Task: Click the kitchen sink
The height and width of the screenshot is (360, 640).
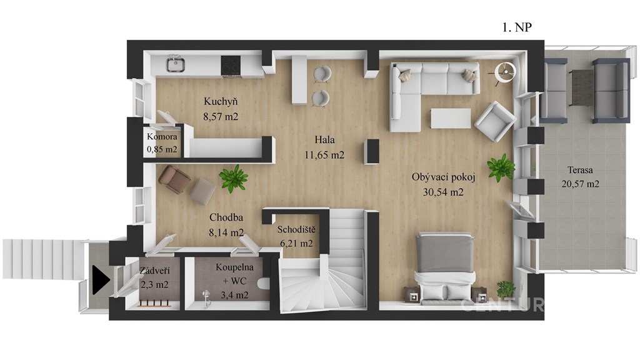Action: click(x=176, y=64)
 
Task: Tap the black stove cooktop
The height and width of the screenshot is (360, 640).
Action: click(x=231, y=66)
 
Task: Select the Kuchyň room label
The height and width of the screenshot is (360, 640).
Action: click(x=221, y=101)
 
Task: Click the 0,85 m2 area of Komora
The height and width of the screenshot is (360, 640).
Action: click(x=162, y=149)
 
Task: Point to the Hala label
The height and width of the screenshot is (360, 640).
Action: click(x=324, y=140)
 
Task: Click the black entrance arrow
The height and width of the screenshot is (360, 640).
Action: click(x=101, y=280)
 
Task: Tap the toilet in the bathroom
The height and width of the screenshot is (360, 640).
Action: click(x=264, y=283)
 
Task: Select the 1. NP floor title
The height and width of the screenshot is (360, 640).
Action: click(x=517, y=27)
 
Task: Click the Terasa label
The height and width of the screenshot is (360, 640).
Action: click(x=580, y=170)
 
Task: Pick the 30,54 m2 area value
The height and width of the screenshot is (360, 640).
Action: click(x=443, y=192)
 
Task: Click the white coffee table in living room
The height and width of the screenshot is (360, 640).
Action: click(x=451, y=118)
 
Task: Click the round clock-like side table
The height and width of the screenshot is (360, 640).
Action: click(x=505, y=72)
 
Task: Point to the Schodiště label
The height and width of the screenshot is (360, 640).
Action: click(x=296, y=229)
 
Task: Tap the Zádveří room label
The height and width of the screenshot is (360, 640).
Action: click(x=154, y=270)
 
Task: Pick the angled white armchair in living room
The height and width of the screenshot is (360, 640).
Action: click(x=495, y=121)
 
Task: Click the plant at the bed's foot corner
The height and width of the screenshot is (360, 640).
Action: click(x=506, y=289)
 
